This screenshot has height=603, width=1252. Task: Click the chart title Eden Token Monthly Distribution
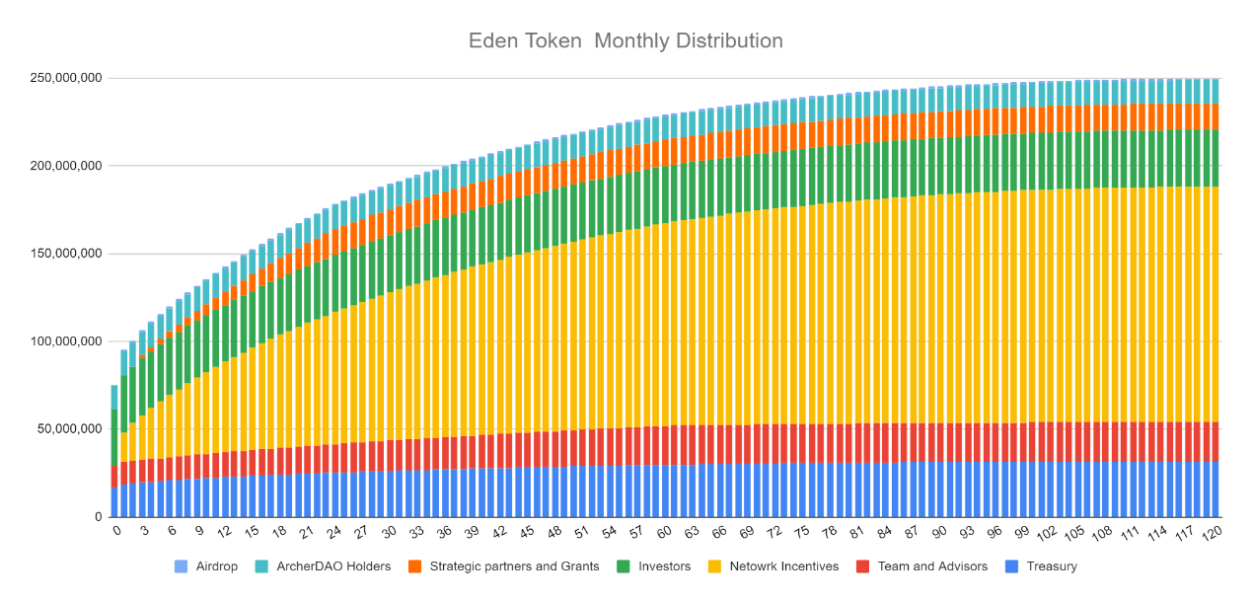626,40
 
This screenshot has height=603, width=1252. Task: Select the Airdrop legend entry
210,566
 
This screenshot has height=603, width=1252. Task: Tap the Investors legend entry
656,566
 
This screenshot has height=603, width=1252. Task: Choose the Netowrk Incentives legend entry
774,566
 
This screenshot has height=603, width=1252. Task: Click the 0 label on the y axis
98,517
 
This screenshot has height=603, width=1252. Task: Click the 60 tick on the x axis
664,532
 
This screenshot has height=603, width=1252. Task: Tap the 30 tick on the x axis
390,532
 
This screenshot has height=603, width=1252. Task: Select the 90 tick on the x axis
939,532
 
